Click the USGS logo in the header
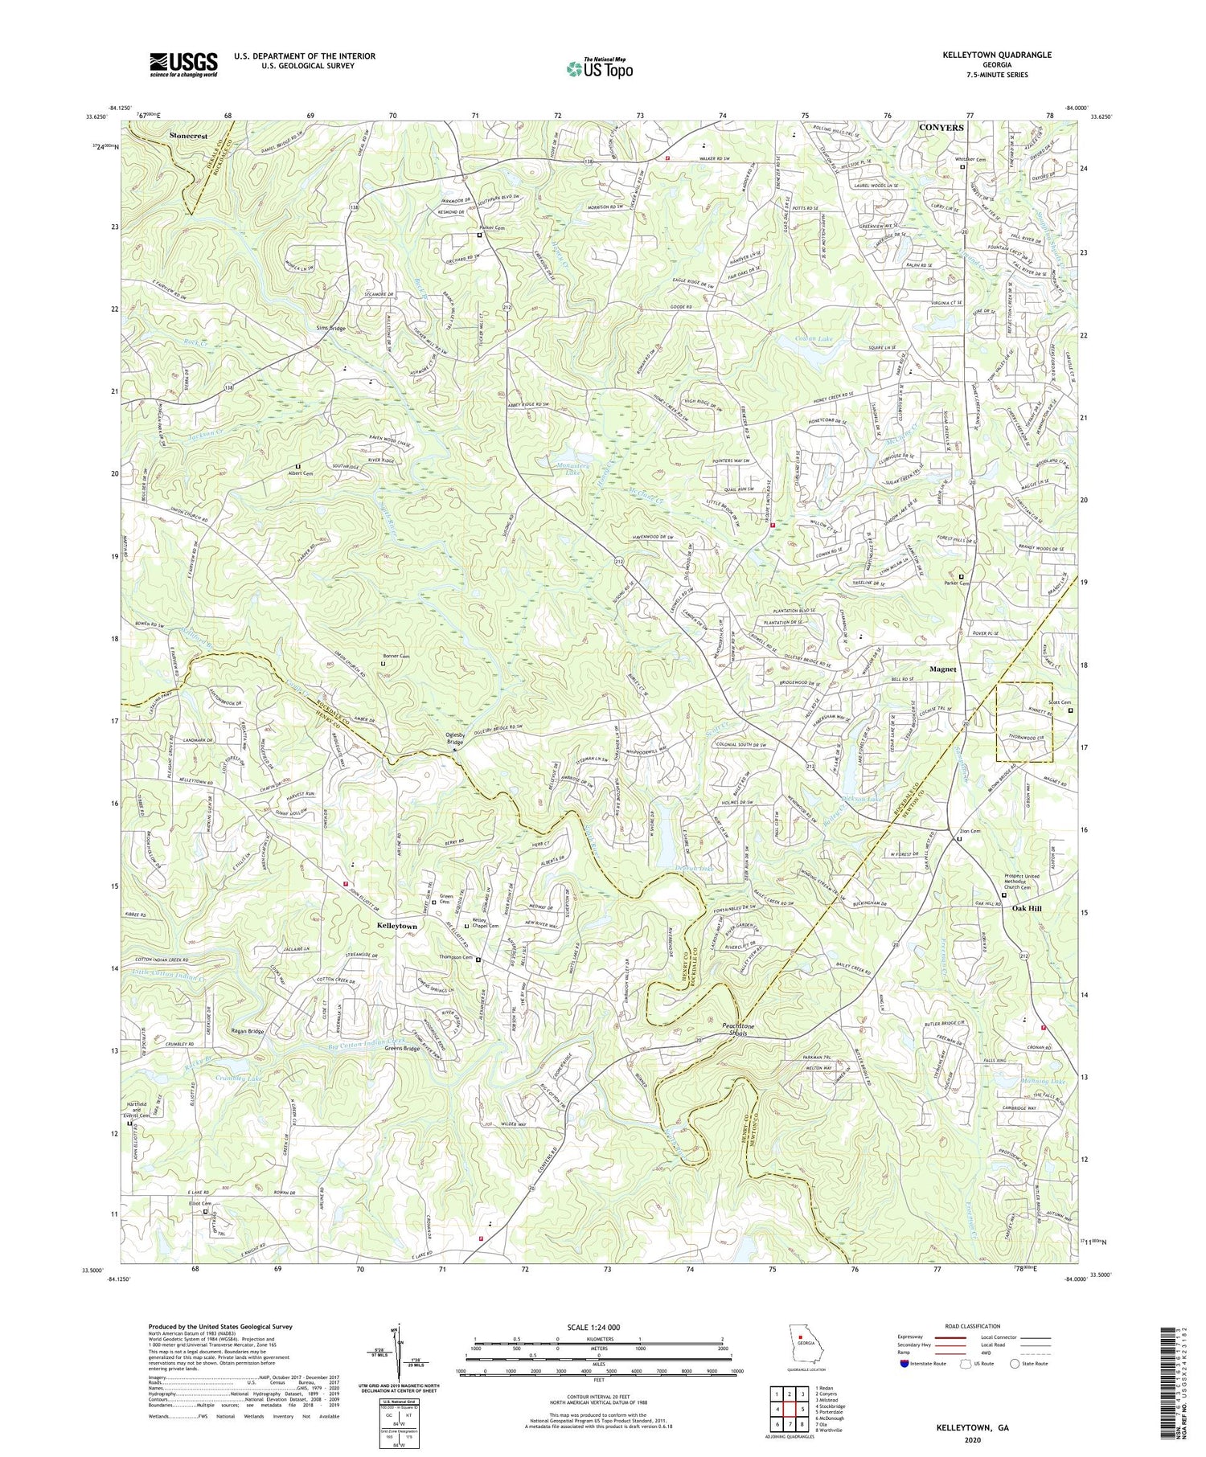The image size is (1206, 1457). pyautogui.click(x=183, y=64)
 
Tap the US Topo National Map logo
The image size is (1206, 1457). pyautogui.click(x=599, y=68)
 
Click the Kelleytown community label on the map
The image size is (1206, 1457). pyautogui.click(x=396, y=927)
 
